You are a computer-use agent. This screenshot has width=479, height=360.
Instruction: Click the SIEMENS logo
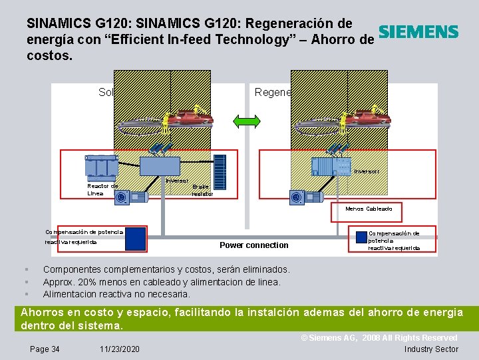point(418,32)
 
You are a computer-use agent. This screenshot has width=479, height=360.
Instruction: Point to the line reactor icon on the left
point(101,166)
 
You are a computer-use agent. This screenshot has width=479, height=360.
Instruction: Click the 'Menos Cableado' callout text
point(369,209)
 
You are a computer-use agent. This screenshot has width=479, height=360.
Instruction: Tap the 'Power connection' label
point(253,245)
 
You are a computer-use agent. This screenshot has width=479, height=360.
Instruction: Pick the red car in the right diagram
point(365,118)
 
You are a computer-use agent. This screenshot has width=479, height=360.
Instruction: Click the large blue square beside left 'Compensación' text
point(136,239)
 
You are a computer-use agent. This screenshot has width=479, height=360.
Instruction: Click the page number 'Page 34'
point(45,349)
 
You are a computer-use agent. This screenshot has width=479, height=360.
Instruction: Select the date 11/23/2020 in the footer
point(120,349)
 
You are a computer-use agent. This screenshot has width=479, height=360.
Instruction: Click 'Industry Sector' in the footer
point(431,349)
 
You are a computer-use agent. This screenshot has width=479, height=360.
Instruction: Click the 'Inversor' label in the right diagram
point(366,171)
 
